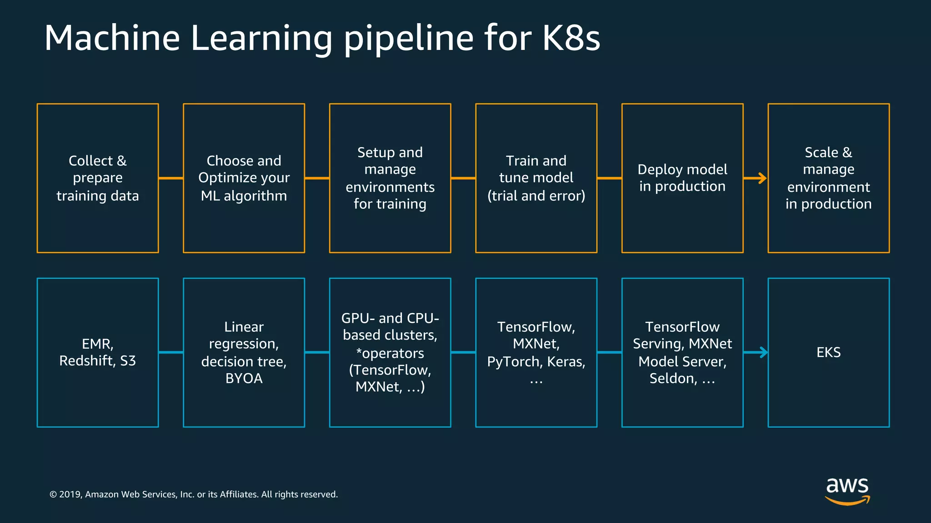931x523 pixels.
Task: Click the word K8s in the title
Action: point(571,38)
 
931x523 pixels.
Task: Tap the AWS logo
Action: point(847,490)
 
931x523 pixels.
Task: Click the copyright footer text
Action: point(194,494)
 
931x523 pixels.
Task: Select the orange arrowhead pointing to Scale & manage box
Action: point(762,178)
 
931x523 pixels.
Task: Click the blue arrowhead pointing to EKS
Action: point(763,352)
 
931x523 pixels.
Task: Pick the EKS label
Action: point(828,352)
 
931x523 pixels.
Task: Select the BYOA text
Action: point(244,378)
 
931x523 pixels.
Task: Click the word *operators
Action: point(390,353)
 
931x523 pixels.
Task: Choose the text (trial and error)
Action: point(536,196)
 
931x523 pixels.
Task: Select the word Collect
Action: point(90,161)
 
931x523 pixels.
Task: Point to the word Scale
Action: point(821,153)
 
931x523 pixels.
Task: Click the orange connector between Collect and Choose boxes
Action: point(171,178)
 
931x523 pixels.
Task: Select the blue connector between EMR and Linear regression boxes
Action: point(171,352)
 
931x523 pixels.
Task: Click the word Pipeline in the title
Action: point(408,39)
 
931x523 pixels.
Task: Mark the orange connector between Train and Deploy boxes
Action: point(609,178)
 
